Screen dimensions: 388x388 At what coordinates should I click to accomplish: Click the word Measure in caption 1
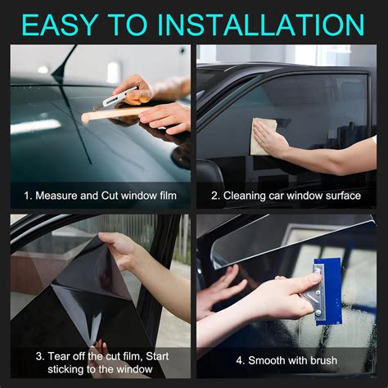point(56,196)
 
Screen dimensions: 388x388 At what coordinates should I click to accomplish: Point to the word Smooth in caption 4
point(267,360)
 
